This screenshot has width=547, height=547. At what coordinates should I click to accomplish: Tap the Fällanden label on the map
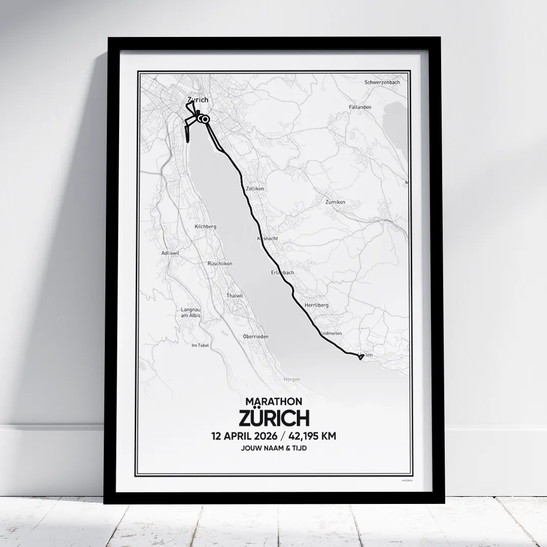point(360,107)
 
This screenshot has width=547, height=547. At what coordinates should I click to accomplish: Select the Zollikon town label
point(255,188)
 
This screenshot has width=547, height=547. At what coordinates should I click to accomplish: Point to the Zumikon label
point(335,202)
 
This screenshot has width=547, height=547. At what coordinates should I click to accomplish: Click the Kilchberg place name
point(205,227)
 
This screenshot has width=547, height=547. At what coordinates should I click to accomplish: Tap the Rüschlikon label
point(220,263)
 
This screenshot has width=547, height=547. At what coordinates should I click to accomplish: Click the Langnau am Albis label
point(191,312)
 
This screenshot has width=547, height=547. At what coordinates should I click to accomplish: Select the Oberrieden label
point(256,336)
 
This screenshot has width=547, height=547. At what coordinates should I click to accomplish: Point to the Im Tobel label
point(200,345)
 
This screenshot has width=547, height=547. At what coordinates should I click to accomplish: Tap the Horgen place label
point(292,379)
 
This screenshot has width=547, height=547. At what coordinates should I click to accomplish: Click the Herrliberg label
point(317,305)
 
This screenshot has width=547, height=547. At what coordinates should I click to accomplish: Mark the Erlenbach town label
point(282,272)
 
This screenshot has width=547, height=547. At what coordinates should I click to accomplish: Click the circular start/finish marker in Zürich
point(205,119)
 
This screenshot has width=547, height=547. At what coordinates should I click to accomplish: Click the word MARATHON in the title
point(273,402)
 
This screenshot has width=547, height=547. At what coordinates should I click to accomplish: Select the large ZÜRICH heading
point(273,418)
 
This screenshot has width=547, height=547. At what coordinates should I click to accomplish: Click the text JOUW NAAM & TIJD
point(273,449)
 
